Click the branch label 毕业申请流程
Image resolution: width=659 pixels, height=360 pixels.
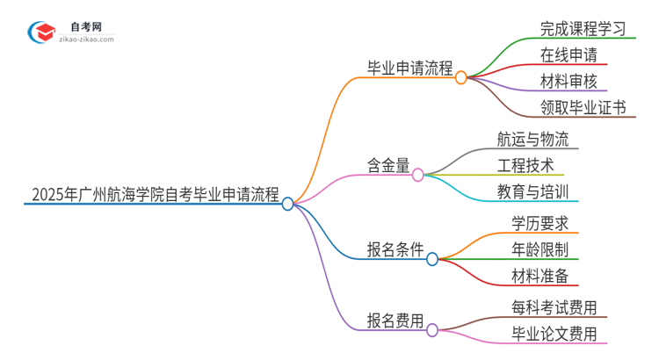(x=409, y=66)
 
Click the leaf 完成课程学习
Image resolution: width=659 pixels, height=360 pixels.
(x=583, y=28)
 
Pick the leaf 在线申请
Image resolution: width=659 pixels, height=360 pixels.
(x=569, y=55)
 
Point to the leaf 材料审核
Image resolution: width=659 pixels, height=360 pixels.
(x=569, y=82)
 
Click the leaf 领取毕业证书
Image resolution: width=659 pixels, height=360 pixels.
(x=583, y=108)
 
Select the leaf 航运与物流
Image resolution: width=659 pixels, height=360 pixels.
(x=532, y=139)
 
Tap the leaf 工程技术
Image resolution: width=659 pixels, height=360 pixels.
(x=525, y=165)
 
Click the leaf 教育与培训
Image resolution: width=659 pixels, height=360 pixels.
(x=532, y=191)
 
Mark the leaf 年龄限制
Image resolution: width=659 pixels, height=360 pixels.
(x=544, y=249)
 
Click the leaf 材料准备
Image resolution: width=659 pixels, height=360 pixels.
(x=544, y=276)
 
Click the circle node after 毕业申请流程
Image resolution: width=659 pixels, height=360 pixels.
(x=461, y=77)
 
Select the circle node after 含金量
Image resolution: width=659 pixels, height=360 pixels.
(x=417, y=174)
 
